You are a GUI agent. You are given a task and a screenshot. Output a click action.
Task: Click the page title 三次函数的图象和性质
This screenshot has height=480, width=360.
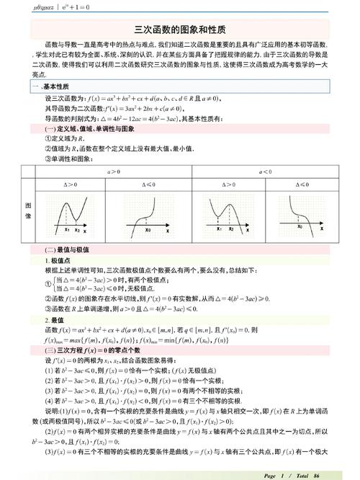(x=180, y=30)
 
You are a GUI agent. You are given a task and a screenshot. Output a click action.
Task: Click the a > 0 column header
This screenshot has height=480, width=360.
(x=114, y=172)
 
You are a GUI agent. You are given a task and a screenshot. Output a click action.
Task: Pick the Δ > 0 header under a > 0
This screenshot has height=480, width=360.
(x=75, y=185)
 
